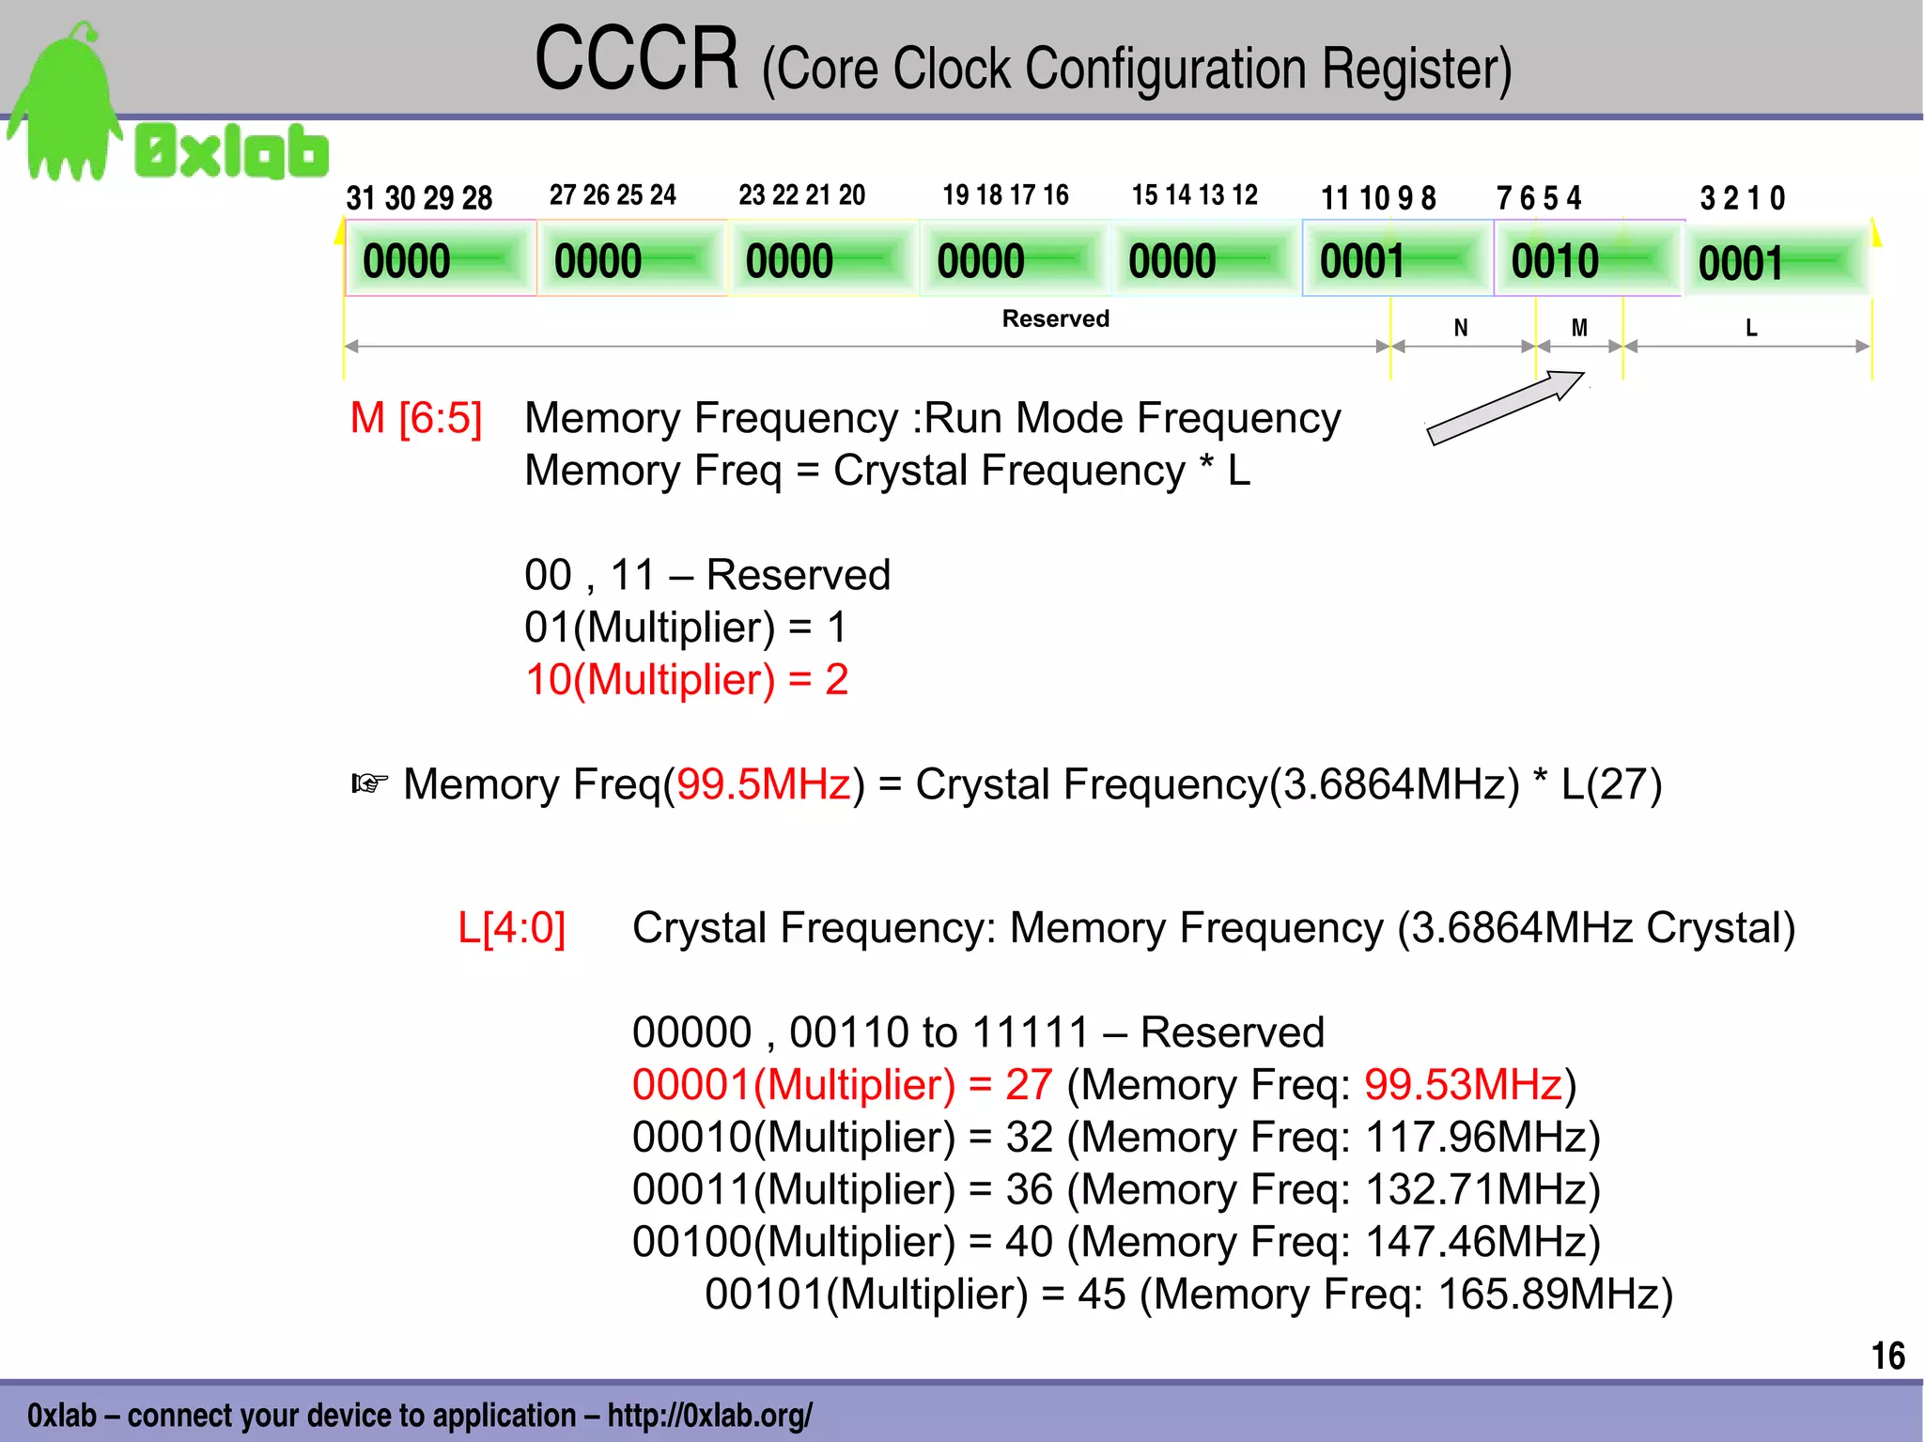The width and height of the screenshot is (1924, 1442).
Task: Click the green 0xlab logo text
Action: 232,152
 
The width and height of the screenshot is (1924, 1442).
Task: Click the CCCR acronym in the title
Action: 636,60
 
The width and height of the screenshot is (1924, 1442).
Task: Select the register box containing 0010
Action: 1586,259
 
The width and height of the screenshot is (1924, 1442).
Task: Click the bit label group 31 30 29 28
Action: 419,198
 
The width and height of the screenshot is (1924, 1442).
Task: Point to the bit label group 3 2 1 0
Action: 1742,198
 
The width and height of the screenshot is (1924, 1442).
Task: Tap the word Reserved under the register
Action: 1055,318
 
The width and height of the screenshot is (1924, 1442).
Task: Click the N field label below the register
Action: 1460,328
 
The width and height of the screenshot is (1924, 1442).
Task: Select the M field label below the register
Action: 1579,328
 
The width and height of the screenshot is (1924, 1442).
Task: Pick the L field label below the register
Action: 1750,328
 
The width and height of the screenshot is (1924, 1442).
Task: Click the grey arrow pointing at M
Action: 1505,408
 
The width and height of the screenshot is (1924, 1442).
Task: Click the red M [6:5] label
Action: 415,418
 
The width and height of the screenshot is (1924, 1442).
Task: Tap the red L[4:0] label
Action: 511,928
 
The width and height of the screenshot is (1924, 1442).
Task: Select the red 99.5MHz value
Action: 763,784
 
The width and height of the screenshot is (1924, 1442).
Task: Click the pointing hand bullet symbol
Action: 369,783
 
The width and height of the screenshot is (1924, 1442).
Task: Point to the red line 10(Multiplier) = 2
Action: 686,679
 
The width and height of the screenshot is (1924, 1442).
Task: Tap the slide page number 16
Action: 1887,1356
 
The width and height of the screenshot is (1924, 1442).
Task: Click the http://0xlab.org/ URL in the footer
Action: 709,1415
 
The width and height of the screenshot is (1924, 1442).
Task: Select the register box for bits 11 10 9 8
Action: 1396,259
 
